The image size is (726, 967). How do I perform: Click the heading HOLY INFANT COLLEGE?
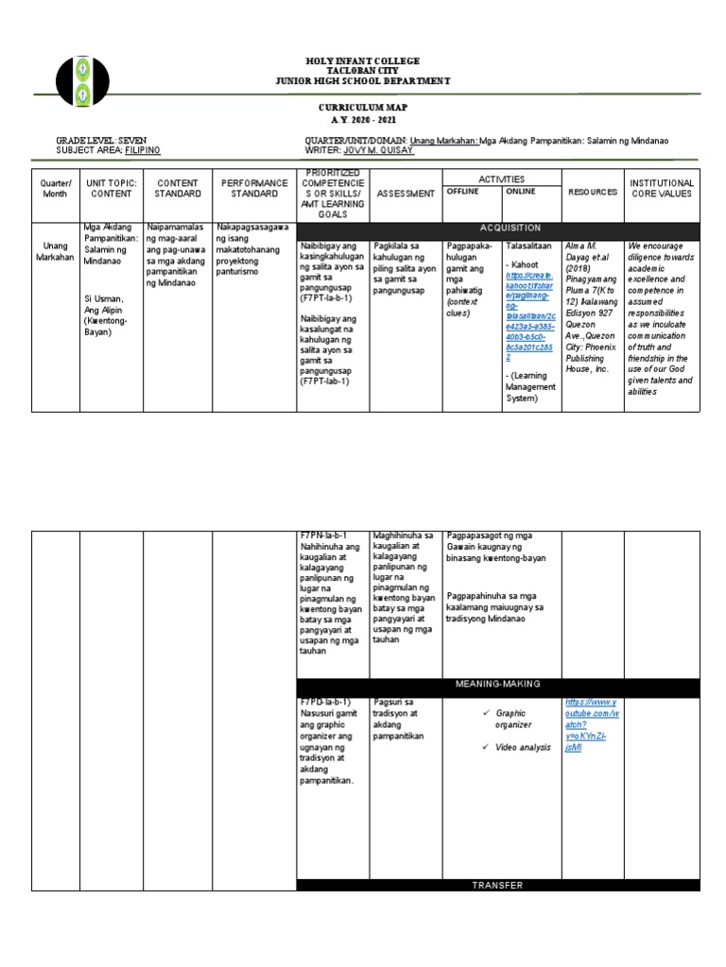pyautogui.click(x=362, y=60)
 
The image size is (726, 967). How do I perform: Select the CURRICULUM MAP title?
pyautogui.click(x=362, y=110)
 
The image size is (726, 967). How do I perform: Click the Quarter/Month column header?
pyautogui.click(x=56, y=187)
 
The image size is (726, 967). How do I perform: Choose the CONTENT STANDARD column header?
pyautogui.click(x=178, y=187)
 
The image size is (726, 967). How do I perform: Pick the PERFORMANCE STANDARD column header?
pyautogui.click(x=255, y=187)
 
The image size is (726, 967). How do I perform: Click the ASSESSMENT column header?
pyautogui.click(x=406, y=193)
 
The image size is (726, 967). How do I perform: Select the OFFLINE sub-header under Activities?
pyautogui.click(x=463, y=191)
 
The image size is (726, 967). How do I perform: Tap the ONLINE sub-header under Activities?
pyautogui.click(x=521, y=191)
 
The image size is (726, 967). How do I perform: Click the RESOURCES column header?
pyautogui.click(x=593, y=192)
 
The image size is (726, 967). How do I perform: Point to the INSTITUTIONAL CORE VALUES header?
pyautogui.click(x=662, y=187)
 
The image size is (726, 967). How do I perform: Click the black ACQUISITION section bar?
pyautogui.click(x=510, y=228)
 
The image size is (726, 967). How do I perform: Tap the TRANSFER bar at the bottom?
pyautogui.click(x=498, y=885)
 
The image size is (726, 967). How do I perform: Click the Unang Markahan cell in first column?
pyautogui.click(x=56, y=251)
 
